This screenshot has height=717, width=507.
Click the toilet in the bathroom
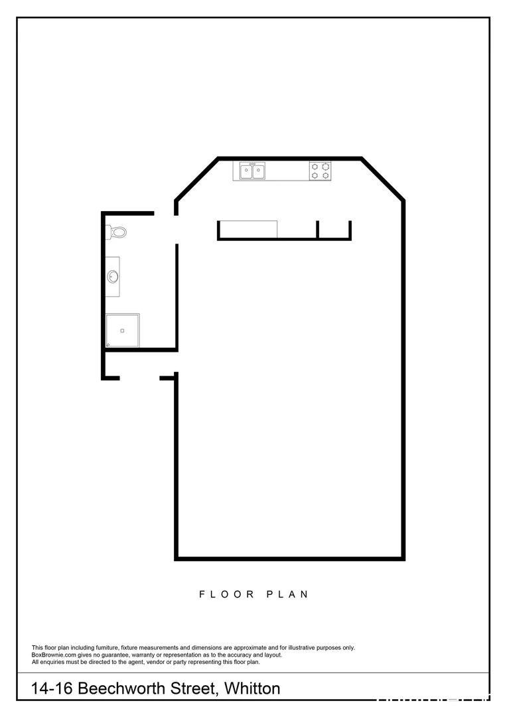117,232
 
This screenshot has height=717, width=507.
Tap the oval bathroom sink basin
113,276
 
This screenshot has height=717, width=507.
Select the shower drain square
122,330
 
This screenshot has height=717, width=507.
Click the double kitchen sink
252,171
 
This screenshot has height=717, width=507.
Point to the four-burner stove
320,171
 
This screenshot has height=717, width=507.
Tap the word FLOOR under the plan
227,594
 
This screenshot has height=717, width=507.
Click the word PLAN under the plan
287,594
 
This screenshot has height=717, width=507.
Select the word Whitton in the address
252,688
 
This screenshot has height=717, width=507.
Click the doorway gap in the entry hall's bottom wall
139,378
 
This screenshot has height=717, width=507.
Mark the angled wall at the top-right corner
383,178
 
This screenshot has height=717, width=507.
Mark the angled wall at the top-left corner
196,178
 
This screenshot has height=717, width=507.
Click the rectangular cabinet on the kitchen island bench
248,229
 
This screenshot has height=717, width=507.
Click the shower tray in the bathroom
123,331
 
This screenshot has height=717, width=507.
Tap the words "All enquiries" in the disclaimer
50,662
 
